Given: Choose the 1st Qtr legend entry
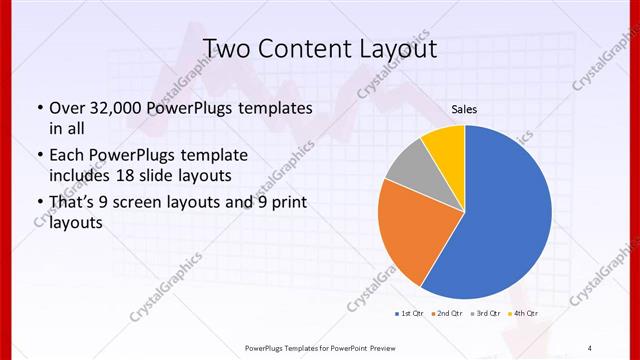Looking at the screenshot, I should (407, 314).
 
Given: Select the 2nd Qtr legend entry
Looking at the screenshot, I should (445, 314).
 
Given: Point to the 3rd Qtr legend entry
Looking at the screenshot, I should (485, 314).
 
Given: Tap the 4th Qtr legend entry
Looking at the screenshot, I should (524, 314).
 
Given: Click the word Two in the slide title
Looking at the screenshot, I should (225, 47).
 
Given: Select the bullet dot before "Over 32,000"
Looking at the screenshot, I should (39, 108).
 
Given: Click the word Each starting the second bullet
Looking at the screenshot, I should (66, 155).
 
